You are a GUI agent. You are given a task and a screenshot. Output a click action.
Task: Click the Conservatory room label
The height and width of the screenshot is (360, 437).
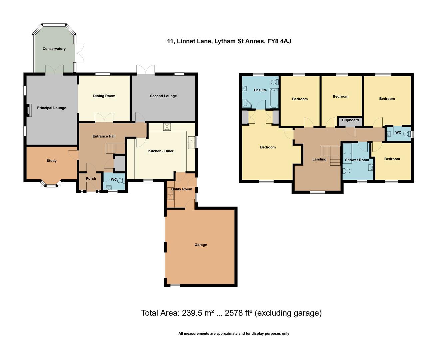54,49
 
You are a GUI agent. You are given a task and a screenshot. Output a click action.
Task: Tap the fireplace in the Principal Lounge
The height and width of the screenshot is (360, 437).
29,110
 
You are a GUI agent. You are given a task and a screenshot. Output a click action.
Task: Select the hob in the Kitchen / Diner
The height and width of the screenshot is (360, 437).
167,127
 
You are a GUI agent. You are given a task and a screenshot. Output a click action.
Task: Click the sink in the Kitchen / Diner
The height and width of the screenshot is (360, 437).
191,142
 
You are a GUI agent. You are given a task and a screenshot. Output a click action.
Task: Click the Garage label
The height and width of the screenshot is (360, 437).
201,245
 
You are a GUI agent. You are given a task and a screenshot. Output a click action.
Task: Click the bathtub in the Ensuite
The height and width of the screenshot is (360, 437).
274,98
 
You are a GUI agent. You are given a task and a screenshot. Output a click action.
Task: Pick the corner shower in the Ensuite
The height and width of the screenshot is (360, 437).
247,104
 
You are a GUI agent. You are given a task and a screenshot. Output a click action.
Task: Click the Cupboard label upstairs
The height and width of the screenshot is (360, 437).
350,120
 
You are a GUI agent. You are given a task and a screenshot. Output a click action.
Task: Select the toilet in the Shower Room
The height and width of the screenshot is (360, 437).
347,171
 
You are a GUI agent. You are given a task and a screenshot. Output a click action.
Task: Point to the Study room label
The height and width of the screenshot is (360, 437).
51,161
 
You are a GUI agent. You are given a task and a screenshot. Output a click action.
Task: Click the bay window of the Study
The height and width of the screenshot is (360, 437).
51,184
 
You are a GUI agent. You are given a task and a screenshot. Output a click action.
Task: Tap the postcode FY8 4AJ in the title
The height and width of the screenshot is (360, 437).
279,41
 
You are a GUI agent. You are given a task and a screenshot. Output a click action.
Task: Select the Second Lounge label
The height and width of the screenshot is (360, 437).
163,96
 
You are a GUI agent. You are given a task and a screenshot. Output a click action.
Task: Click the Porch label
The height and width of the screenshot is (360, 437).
91,179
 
